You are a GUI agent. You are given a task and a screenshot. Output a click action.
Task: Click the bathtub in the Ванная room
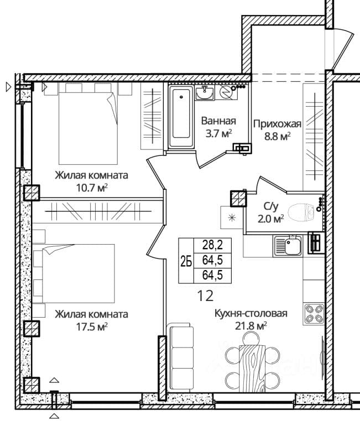181,117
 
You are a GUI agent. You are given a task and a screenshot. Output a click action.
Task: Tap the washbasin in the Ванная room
205,93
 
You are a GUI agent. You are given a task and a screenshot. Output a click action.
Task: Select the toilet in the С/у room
301,212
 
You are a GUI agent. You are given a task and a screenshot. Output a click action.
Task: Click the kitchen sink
288,246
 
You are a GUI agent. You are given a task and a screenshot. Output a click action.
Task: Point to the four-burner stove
314,314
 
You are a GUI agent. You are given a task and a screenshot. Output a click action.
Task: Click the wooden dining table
252,368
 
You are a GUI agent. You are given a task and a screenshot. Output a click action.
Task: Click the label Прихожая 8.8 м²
277,130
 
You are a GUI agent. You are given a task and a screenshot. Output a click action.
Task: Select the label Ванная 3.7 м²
218,127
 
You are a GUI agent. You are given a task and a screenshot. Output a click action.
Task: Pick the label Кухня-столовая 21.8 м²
251,319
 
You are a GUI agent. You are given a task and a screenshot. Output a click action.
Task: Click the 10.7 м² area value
92,188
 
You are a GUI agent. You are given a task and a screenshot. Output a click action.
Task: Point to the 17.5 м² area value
92,327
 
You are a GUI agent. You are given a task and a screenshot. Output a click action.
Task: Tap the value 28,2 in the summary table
213,245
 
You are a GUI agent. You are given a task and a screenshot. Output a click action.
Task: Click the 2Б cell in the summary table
186,262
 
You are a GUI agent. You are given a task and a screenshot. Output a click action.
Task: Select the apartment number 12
205,296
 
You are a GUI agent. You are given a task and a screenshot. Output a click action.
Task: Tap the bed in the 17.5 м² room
79,273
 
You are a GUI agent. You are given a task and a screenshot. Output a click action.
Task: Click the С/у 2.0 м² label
271,212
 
